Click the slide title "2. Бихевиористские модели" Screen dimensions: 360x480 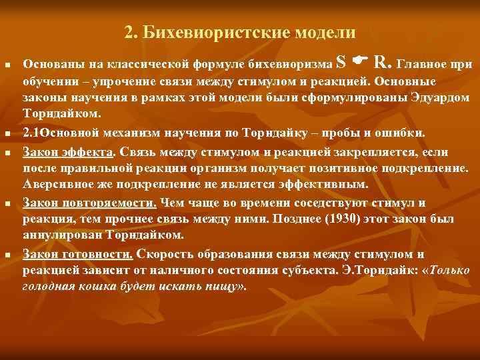240,31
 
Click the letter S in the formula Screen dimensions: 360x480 341,63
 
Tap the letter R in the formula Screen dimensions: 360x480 380,63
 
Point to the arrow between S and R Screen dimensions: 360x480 360,63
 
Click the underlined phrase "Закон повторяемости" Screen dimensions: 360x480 89,203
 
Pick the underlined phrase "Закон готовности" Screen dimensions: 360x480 78,254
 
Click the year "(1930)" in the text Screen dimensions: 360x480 321,219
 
